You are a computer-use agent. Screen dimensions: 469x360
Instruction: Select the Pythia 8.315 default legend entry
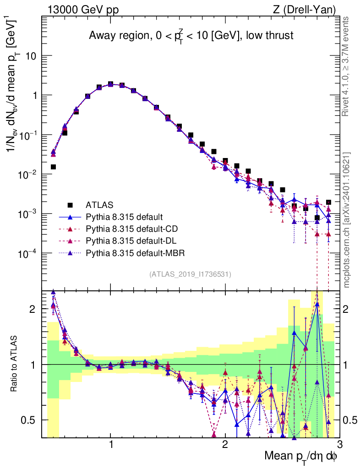pos(124,217)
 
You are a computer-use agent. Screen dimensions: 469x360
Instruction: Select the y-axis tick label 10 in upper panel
pos(30,56)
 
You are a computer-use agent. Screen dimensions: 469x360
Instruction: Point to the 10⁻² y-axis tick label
pos(27,175)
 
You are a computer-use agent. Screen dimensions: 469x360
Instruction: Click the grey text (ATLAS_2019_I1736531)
pos(190,274)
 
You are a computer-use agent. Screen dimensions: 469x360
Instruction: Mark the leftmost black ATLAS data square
pos(53,167)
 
